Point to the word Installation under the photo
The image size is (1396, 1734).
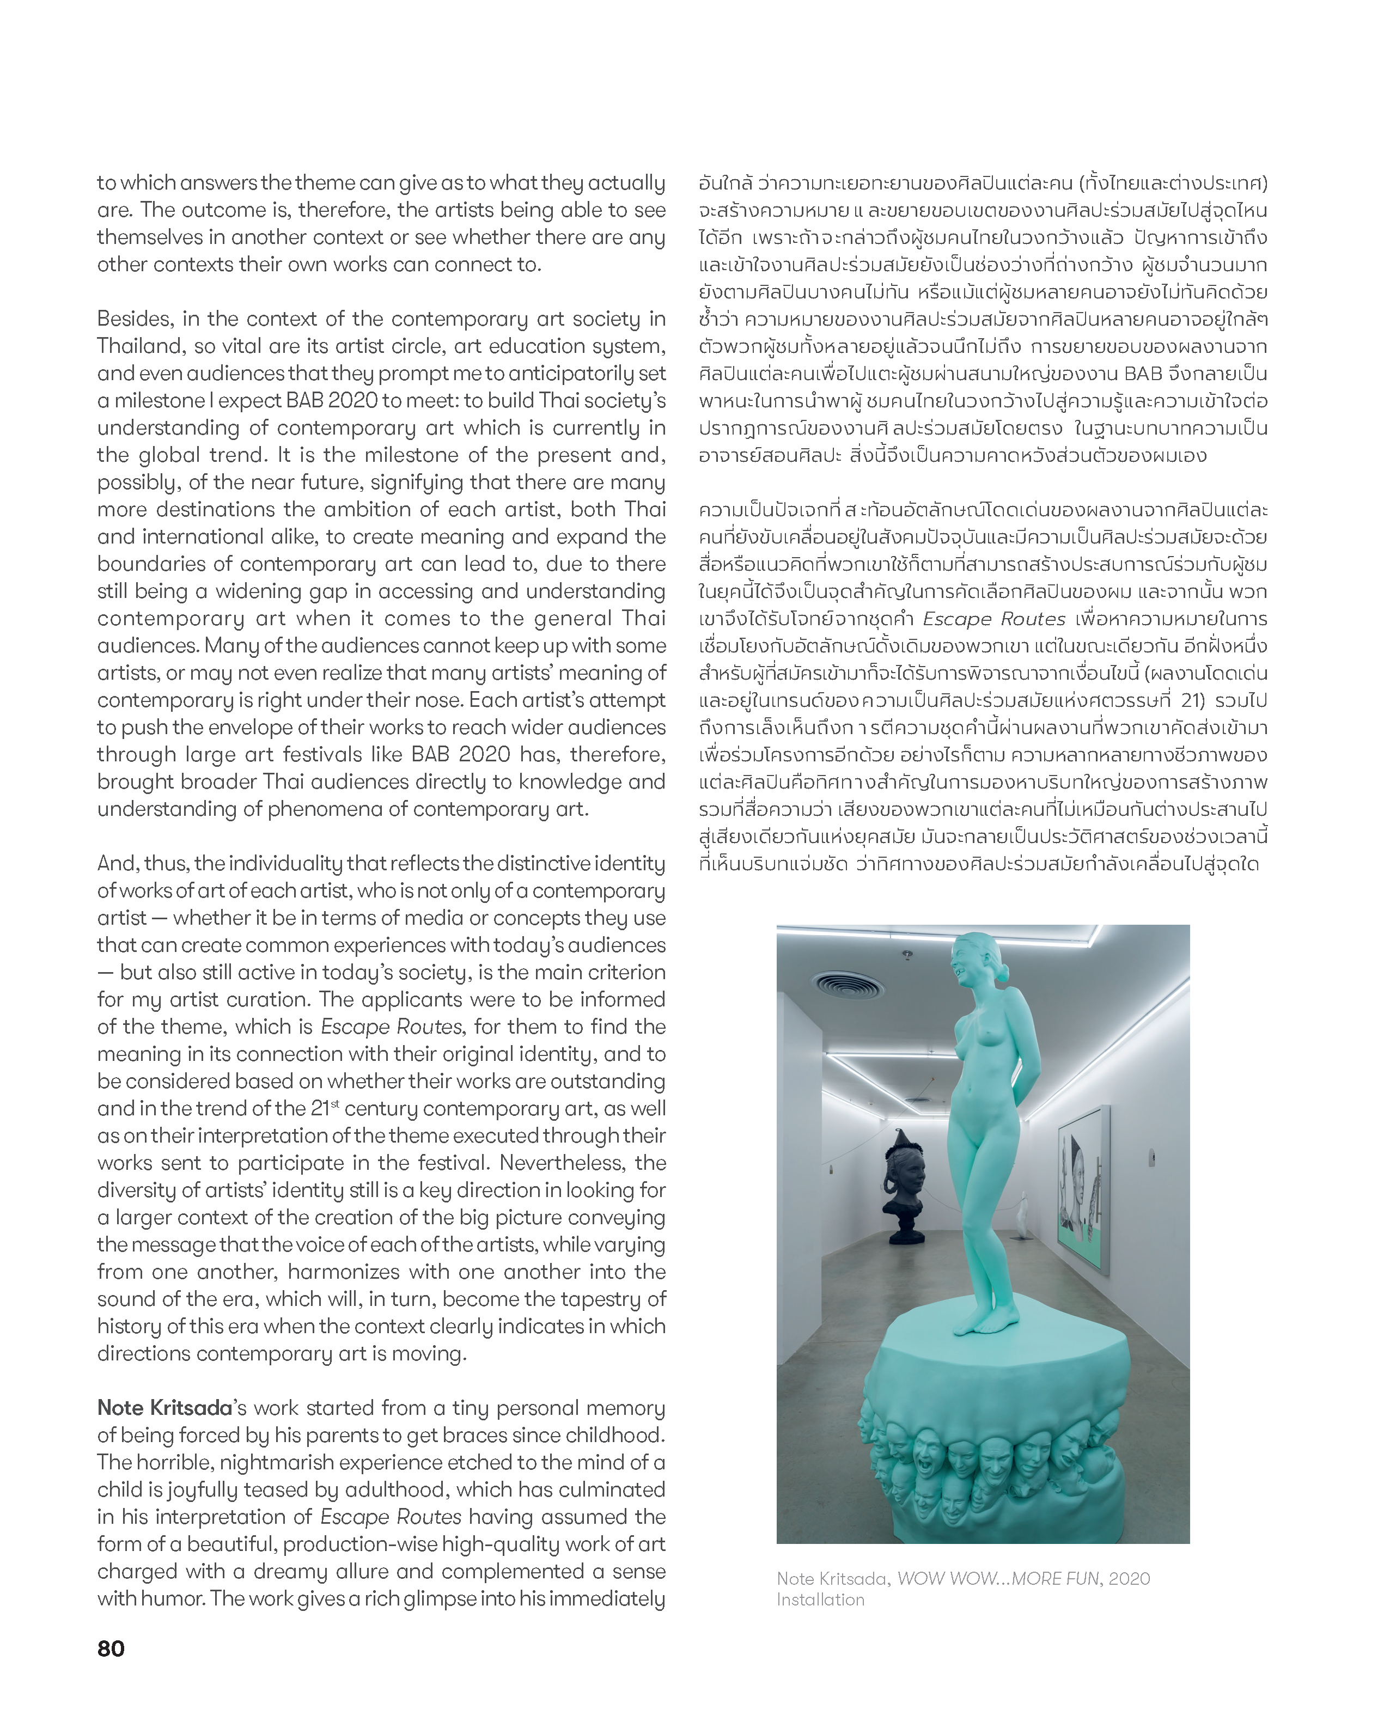point(820,1599)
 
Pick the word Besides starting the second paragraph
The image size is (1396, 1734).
point(135,319)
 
